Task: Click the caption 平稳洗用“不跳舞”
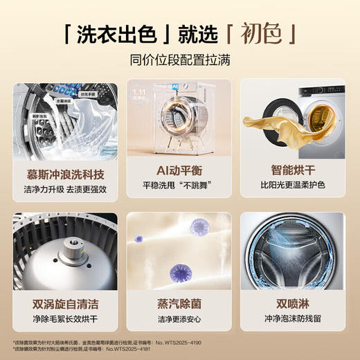click(179, 186)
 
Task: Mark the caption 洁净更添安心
click(179, 320)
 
